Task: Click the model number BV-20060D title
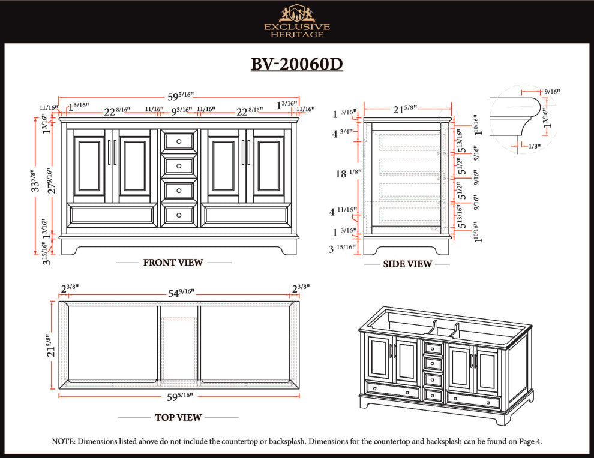(x=296, y=64)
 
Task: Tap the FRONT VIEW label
(x=173, y=263)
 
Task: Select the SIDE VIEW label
(x=407, y=264)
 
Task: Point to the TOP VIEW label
(x=178, y=417)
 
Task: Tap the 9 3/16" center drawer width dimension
(x=180, y=111)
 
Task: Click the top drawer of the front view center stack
(x=179, y=141)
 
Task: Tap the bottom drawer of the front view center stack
(x=179, y=215)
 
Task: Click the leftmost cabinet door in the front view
(x=89, y=167)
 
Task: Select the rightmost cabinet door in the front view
(x=268, y=167)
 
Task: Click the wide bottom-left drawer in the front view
(x=112, y=215)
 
